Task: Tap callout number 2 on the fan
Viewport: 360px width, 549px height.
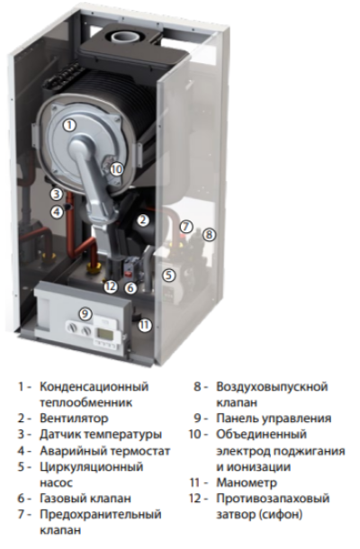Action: click(142, 220)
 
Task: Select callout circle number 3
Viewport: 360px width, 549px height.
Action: click(56, 193)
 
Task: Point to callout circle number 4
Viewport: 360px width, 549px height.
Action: click(56, 211)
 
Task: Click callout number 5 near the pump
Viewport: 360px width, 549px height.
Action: click(167, 275)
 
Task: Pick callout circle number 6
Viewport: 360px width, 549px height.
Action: click(130, 288)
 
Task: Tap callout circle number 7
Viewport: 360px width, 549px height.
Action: click(186, 227)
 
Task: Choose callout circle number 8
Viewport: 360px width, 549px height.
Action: click(209, 235)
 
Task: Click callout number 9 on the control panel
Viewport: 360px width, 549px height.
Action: click(85, 314)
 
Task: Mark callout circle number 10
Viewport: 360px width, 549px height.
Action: click(116, 167)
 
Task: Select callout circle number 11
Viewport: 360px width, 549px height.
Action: click(146, 324)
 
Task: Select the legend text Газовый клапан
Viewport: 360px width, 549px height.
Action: click(85, 499)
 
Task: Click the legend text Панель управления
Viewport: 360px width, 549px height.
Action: click(274, 418)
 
